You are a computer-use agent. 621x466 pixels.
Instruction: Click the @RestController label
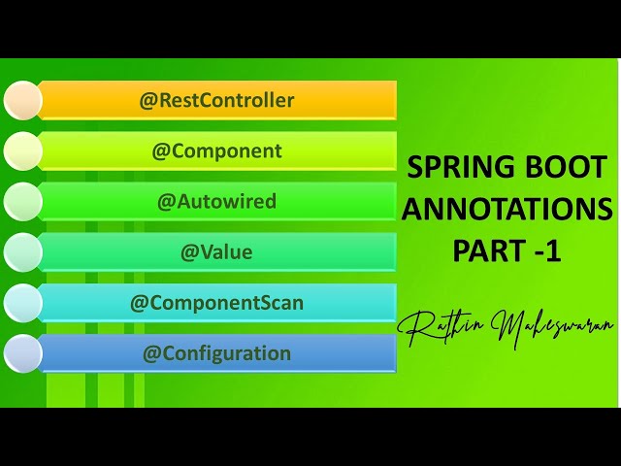click(x=216, y=100)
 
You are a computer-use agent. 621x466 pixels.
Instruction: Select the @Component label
click(x=216, y=150)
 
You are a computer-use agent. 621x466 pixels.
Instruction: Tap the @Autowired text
click(x=216, y=201)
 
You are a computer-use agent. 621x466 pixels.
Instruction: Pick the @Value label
click(x=216, y=251)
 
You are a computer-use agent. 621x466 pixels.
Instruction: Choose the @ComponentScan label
click(x=216, y=302)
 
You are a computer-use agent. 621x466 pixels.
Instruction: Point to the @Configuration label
click(x=216, y=352)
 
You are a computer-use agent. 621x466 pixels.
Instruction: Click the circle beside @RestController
click(x=22, y=100)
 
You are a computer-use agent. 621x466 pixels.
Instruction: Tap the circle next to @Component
click(x=22, y=150)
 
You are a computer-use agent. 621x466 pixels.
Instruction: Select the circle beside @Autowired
click(x=22, y=201)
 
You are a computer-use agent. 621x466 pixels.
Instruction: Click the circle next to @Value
click(x=22, y=251)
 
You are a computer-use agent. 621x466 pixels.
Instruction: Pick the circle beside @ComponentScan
click(x=22, y=302)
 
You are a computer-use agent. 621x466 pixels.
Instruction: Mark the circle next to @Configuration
click(x=22, y=353)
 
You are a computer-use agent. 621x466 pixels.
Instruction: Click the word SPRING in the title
click(x=460, y=167)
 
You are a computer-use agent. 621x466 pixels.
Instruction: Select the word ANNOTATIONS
click(x=507, y=208)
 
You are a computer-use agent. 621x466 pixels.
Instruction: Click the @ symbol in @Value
click(x=189, y=252)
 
